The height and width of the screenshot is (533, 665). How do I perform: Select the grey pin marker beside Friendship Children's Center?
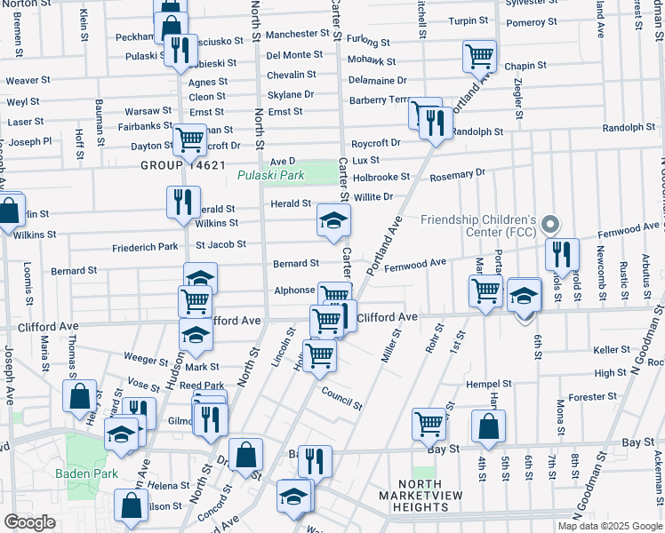[x=549, y=225]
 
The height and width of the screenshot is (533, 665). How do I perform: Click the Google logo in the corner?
[x=29, y=522]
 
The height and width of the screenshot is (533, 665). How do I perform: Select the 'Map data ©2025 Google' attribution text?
[x=610, y=526]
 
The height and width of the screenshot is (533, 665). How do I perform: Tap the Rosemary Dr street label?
[x=458, y=174]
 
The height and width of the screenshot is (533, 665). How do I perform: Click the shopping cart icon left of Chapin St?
[x=479, y=56]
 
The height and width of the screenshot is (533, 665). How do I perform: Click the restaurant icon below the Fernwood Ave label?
[x=562, y=255]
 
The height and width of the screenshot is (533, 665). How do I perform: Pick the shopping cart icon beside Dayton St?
[x=189, y=139]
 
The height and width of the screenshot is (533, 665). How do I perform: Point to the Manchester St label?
[x=298, y=33]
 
